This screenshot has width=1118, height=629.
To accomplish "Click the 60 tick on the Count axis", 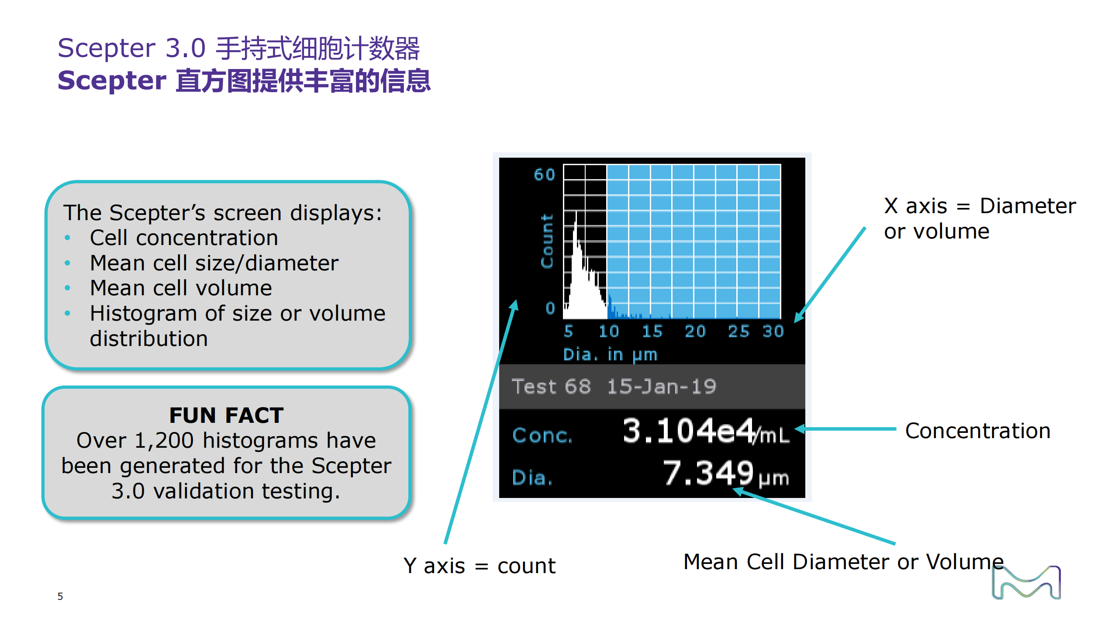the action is (544, 175).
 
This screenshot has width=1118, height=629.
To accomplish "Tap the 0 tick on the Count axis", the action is (550, 308).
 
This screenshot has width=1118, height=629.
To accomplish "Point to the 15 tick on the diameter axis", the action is (652, 331).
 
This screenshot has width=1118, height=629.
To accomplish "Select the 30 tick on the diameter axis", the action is (773, 331).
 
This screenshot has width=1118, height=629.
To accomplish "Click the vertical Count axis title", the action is (547, 241).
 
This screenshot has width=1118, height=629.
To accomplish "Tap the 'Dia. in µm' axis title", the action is (610, 354).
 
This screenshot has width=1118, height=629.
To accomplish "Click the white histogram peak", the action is (576, 214).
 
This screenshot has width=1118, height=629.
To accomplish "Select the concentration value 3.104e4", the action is (689, 431).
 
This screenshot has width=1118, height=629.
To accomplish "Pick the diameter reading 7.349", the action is (708, 473).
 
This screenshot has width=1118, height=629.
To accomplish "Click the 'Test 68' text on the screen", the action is (551, 387).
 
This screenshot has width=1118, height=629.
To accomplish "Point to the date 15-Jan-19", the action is (662, 387).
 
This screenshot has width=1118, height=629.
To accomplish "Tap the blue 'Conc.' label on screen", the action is (542, 435).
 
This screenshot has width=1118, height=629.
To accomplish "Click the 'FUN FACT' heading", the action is (226, 415).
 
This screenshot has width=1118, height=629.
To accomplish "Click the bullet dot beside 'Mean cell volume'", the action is (67, 288).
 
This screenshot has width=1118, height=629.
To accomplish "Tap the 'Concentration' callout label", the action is (977, 431).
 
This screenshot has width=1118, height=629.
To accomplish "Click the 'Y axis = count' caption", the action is (479, 566).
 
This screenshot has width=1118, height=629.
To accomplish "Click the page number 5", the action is (60, 596).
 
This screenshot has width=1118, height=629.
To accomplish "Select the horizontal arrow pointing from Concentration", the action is (845, 429).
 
